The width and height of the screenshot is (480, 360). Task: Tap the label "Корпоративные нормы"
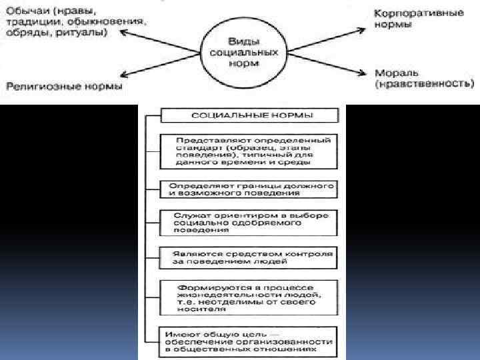401,18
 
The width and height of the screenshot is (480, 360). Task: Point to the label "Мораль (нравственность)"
424,79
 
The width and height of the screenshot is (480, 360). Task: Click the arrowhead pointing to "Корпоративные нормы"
363,29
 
